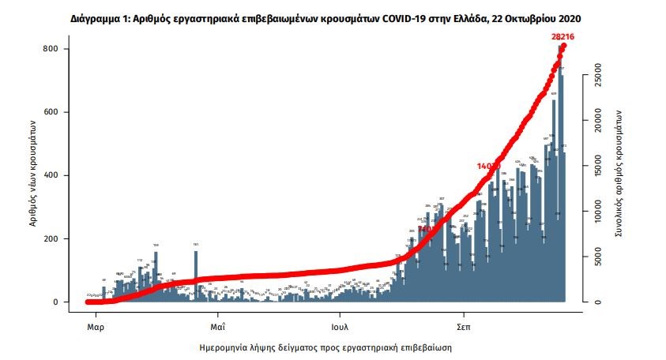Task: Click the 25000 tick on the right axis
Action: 598,77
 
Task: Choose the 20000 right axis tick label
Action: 598,122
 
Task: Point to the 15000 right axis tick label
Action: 598,167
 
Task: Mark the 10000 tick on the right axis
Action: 598,212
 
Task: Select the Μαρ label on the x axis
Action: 96,324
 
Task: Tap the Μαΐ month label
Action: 219,324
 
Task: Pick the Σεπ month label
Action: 464,324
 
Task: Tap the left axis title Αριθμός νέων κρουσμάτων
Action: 33,173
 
